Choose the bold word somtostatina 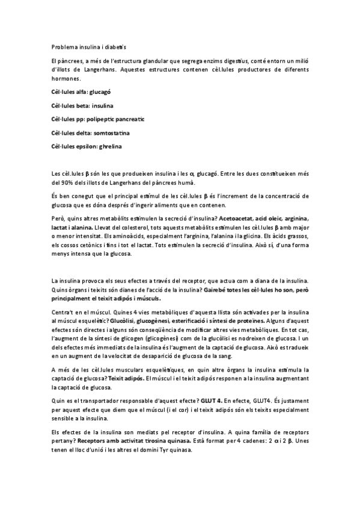point(107,132)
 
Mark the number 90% point(68,183)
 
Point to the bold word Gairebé point(216,290)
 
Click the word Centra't point(64,312)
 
